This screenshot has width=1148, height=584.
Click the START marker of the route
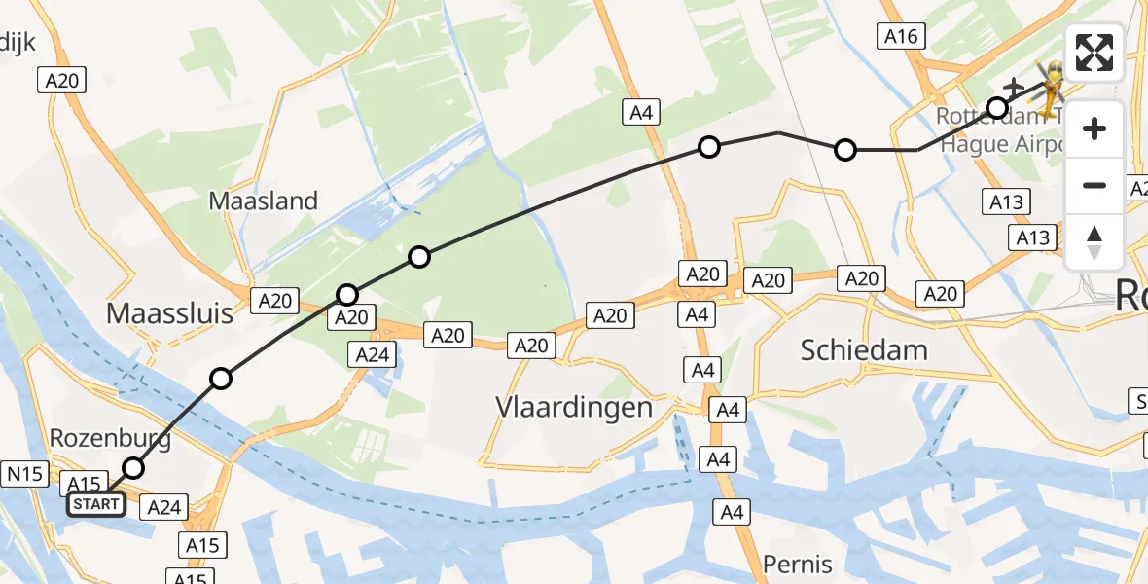(96, 504)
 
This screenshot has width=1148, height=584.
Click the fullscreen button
(1094, 52)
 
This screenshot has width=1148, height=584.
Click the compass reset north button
(1094, 242)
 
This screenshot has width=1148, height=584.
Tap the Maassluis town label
(170, 313)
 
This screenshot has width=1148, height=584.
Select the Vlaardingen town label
(573, 406)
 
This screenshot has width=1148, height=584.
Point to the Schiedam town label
(864, 349)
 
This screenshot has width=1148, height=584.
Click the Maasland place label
(265, 201)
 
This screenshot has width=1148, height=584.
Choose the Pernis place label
(798, 564)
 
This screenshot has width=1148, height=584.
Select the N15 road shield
(23, 474)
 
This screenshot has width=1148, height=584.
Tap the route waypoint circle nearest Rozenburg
(133, 468)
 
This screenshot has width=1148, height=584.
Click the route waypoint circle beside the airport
(997, 107)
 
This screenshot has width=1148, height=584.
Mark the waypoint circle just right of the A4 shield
(709, 147)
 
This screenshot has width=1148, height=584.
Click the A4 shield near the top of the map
(640, 113)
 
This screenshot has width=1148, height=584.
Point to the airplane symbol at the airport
(1014, 88)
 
